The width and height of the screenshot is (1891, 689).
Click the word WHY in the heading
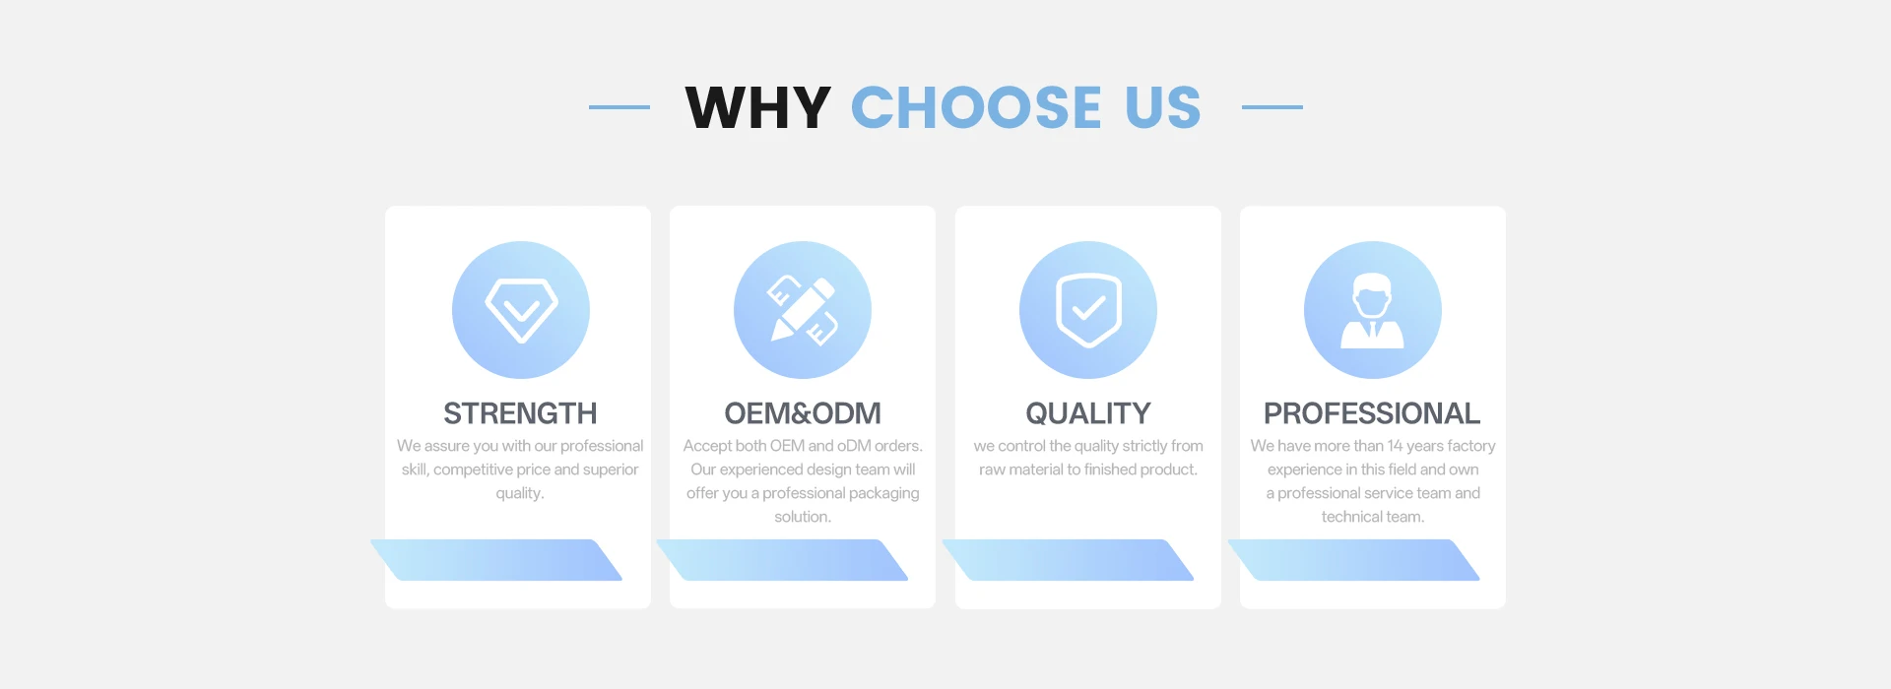pos(758,107)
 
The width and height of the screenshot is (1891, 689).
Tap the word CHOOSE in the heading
pos(976,107)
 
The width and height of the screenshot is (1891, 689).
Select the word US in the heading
pos(1163,107)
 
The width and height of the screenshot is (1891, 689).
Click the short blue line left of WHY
pos(619,106)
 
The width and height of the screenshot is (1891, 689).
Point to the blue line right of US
pos(1272,106)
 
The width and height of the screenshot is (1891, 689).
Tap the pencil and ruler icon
pos(803,310)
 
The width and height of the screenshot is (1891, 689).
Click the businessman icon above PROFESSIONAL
pos(1373,310)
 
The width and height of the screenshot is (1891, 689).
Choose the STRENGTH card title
pos(520,413)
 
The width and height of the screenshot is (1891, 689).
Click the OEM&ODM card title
pos(803,413)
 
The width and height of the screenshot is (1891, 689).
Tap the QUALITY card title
pos(1088,413)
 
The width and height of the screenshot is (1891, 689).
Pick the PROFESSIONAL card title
pos(1372,413)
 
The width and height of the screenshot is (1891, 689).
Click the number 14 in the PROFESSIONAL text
pos(1395,446)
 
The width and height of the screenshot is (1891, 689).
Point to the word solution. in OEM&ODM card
pos(803,517)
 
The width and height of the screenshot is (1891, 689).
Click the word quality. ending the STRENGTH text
pos(520,493)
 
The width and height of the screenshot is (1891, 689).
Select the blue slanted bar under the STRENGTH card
pos(496,560)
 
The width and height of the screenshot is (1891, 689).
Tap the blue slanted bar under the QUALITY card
pos(1068,560)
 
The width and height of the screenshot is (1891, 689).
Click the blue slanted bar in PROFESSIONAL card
pos(1353,560)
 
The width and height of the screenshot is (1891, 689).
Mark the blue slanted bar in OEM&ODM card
pos(782,560)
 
